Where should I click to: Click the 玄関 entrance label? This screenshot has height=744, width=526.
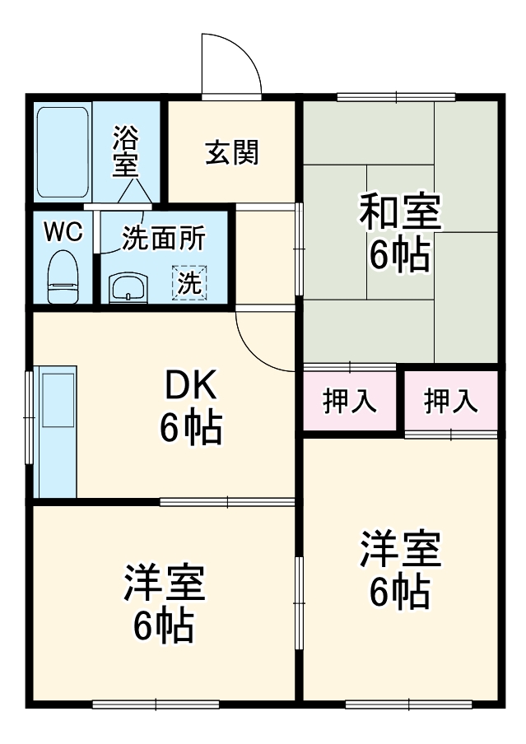point(232,151)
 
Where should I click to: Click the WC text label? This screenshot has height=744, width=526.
point(63,233)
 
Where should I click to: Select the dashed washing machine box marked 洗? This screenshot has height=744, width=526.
point(189,283)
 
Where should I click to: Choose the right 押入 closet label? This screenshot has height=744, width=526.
point(450,401)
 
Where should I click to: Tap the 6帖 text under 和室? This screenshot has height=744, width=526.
point(399,256)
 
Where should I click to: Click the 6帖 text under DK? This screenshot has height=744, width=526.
point(190,427)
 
